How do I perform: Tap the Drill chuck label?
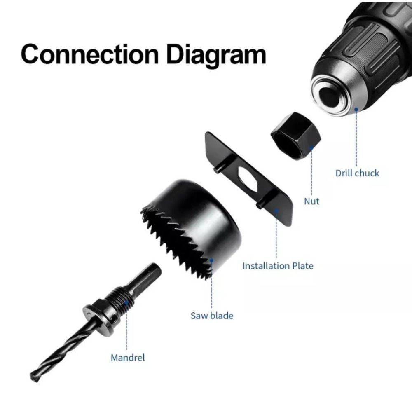point(357,173)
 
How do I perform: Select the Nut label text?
point(311,201)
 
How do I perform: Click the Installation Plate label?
point(278,266)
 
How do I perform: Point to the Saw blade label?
point(212,316)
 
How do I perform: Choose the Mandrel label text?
point(128,358)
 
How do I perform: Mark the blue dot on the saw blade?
point(211,260)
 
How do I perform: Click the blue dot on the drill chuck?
point(356,109)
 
